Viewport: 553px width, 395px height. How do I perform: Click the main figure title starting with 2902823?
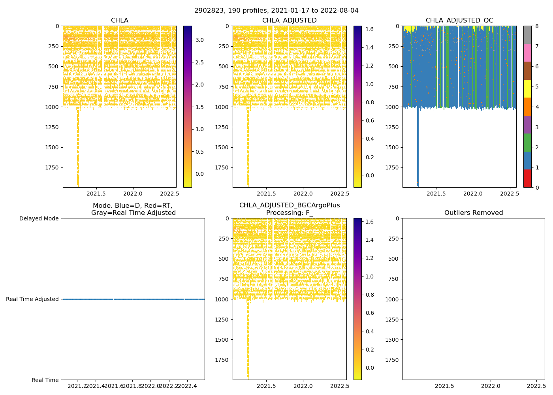[x=276, y=11]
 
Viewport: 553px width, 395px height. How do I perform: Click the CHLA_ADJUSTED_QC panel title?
[x=459, y=21]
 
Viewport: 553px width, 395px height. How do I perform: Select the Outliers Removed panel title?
[x=473, y=213]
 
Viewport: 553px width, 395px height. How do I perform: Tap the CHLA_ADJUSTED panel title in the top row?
[x=289, y=21]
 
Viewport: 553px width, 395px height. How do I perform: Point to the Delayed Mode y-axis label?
[x=39, y=218]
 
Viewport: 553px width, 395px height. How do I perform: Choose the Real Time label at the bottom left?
[x=45, y=380]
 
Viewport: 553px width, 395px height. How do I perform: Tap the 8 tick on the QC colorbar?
[x=536, y=26]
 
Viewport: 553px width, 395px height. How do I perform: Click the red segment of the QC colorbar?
[x=527, y=178]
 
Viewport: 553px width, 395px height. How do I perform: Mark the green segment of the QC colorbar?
[x=527, y=143]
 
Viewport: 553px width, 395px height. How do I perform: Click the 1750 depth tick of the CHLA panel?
[x=52, y=167]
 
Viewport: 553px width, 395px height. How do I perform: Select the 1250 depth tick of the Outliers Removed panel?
[x=392, y=319]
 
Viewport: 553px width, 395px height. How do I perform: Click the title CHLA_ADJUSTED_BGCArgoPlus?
[x=289, y=205]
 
